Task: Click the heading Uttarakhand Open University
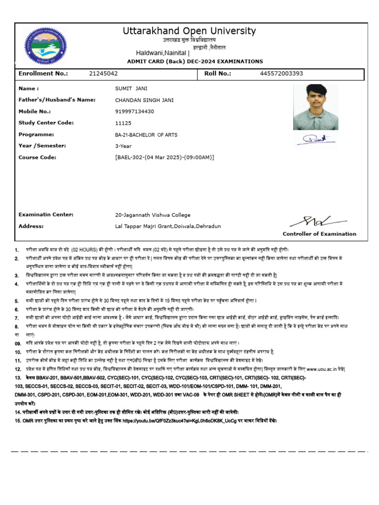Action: pyautogui.click(x=189, y=31)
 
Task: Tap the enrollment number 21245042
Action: pyautogui.click(x=103, y=74)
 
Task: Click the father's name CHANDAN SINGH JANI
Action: pyautogui.click(x=144, y=100)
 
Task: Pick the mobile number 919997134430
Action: pyautogui.click(x=134, y=111)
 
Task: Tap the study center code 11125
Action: pyautogui.click(x=123, y=123)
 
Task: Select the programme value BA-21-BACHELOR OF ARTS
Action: pyautogui.click(x=146, y=135)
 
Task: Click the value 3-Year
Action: pyautogui.click(x=123, y=146)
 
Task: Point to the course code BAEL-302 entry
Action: pyautogui.click(x=164, y=157)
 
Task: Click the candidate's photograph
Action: pyautogui.click(x=315, y=107)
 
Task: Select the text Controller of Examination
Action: pyautogui.click(x=319, y=234)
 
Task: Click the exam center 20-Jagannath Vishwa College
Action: pyautogui.click(x=152, y=215)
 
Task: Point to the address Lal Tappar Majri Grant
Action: pyautogui.click(x=168, y=226)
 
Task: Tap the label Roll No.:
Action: pyautogui.click(x=218, y=74)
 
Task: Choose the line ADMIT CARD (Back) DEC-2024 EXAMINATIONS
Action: pyautogui.click(x=195, y=62)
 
